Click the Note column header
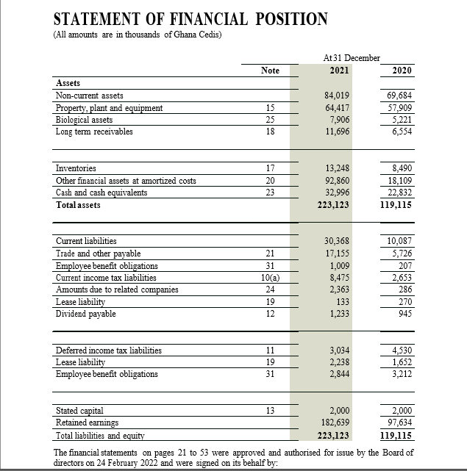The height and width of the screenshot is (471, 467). point(270,71)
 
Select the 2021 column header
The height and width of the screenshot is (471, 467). point(339,71)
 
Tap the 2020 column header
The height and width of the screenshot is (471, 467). point(402,71)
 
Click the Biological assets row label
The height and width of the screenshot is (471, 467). point(85,120)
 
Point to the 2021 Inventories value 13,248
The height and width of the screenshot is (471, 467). point(336,169)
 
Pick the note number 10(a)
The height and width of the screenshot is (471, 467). point(270,277)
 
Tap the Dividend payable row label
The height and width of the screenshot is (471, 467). point(85,314)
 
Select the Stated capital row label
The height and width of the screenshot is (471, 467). point(79,410)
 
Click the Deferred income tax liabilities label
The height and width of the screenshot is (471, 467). point(109,350)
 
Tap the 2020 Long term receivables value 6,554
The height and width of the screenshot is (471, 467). point(401,132)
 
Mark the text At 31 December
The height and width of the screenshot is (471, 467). point(352,57)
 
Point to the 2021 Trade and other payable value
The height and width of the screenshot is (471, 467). point(336,253)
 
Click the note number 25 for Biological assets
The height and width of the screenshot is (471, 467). point(270,120)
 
